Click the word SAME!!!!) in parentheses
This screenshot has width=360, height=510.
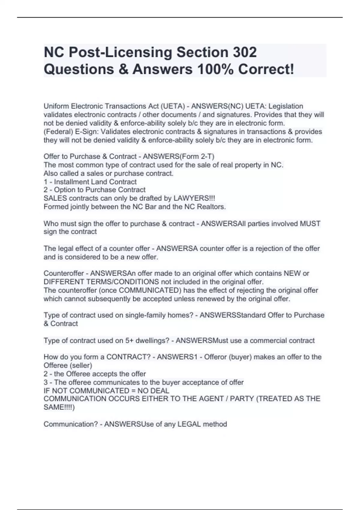pos(59,407)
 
